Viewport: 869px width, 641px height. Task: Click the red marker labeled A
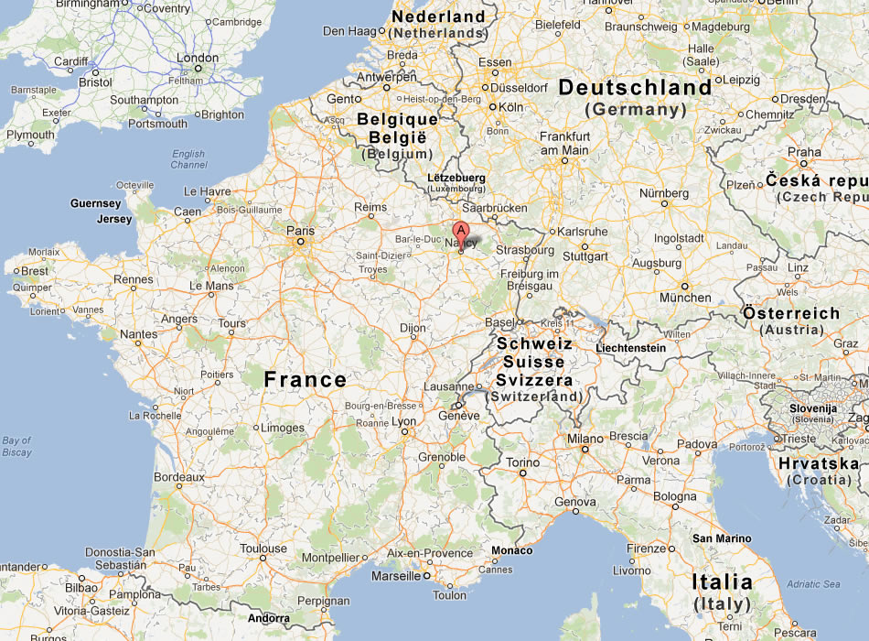click(461, 231)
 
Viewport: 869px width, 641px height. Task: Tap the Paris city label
click(300, 231)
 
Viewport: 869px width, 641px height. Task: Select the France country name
click(305, 379)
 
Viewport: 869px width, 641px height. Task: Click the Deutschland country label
click(635, 88)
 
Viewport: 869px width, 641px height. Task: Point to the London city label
click(198, 58)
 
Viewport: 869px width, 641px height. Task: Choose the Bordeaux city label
click(179, 477)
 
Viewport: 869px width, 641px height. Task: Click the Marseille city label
click(396, 576)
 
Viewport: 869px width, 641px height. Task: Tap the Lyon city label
click(403, 422)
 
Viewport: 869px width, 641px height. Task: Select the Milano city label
click(586, 439)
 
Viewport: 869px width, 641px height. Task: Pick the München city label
click(685, 298)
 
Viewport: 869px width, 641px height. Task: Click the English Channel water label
click(188, 159)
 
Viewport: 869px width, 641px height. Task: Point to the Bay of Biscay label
click(16, 446)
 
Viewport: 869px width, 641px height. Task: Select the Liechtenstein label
click(630, 348)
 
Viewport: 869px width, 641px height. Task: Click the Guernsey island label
click(96, 203)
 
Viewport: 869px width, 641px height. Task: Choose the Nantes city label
click(139, 334)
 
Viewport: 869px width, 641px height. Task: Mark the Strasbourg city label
click(527, 250)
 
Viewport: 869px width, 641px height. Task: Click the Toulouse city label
click(263, 549)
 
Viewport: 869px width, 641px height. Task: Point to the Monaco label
click(511, 550)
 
